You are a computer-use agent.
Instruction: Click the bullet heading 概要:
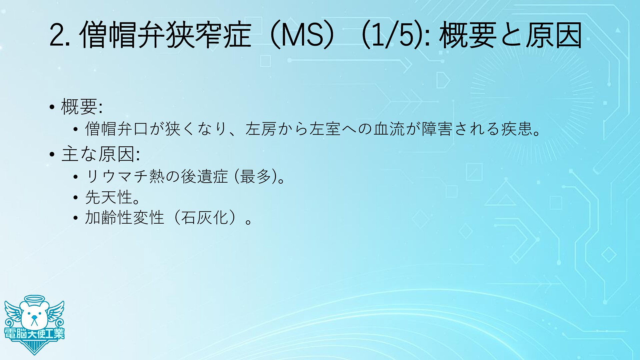click(x=82, y=107)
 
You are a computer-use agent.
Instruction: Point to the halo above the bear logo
click(x=34, y=299)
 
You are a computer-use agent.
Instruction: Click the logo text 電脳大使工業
click(x=34, y=333)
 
